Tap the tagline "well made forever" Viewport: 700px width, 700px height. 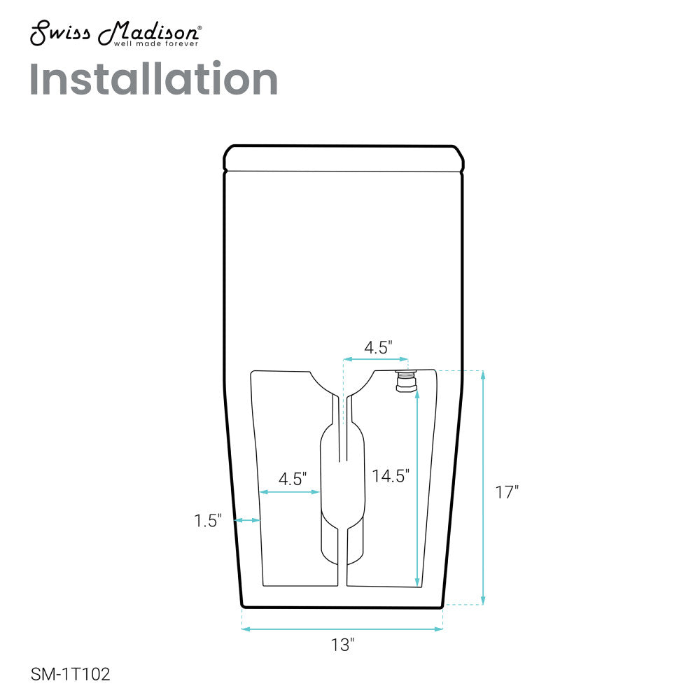(x=156, y=43)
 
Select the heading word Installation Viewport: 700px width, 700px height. (x=153, y=79)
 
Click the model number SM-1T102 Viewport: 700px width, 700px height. (x=70, y=674)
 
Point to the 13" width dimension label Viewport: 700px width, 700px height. (x=342, y=645)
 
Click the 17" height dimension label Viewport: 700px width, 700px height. (x=507, y=492)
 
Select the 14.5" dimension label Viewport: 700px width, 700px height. (x=391, y=476)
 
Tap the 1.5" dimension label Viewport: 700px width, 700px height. (x=208, y=521)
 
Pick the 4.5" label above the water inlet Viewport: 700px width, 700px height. (x=378, y=347)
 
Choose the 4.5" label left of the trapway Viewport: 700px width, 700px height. (x=293, y=479)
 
